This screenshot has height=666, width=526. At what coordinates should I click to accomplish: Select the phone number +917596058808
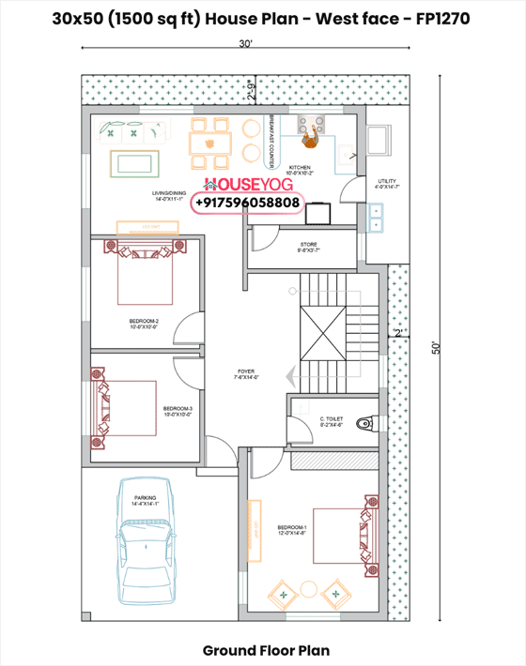coord(248,203)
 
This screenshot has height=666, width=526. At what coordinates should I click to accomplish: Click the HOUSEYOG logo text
coord(248,184)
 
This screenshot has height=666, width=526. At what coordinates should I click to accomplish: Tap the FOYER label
coord(246,374)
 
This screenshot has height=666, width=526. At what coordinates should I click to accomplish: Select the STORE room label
coord(309,247)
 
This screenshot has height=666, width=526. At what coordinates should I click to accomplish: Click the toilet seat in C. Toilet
coord(369,420)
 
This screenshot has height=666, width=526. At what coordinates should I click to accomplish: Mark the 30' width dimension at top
coord(245,44)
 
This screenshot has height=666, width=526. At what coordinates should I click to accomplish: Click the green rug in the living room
coord(137,164)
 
